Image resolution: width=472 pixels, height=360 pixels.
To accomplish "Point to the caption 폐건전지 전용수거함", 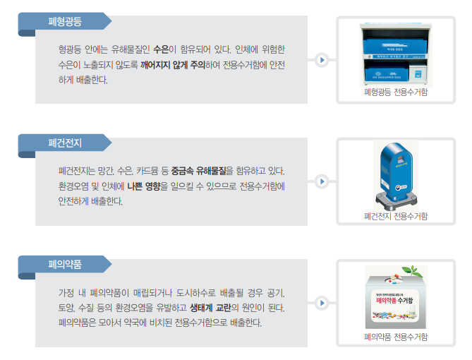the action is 395,215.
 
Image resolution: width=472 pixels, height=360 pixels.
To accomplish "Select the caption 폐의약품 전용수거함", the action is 395,337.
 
